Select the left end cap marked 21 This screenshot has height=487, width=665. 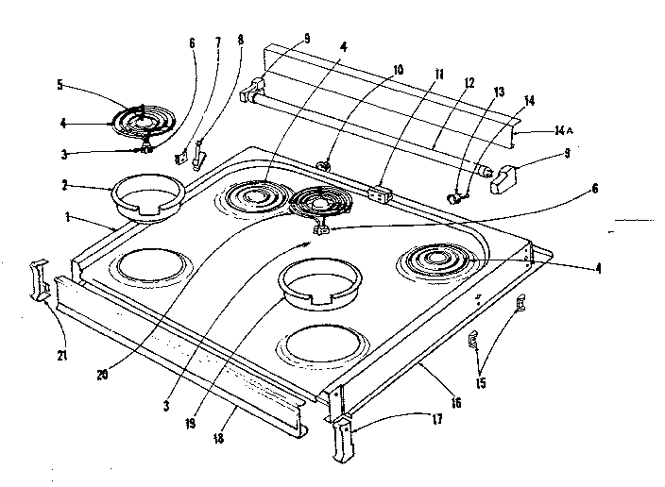(41, 280)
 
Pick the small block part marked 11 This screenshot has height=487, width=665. (380, 193)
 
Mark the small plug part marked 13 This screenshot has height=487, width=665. (458, 196)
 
